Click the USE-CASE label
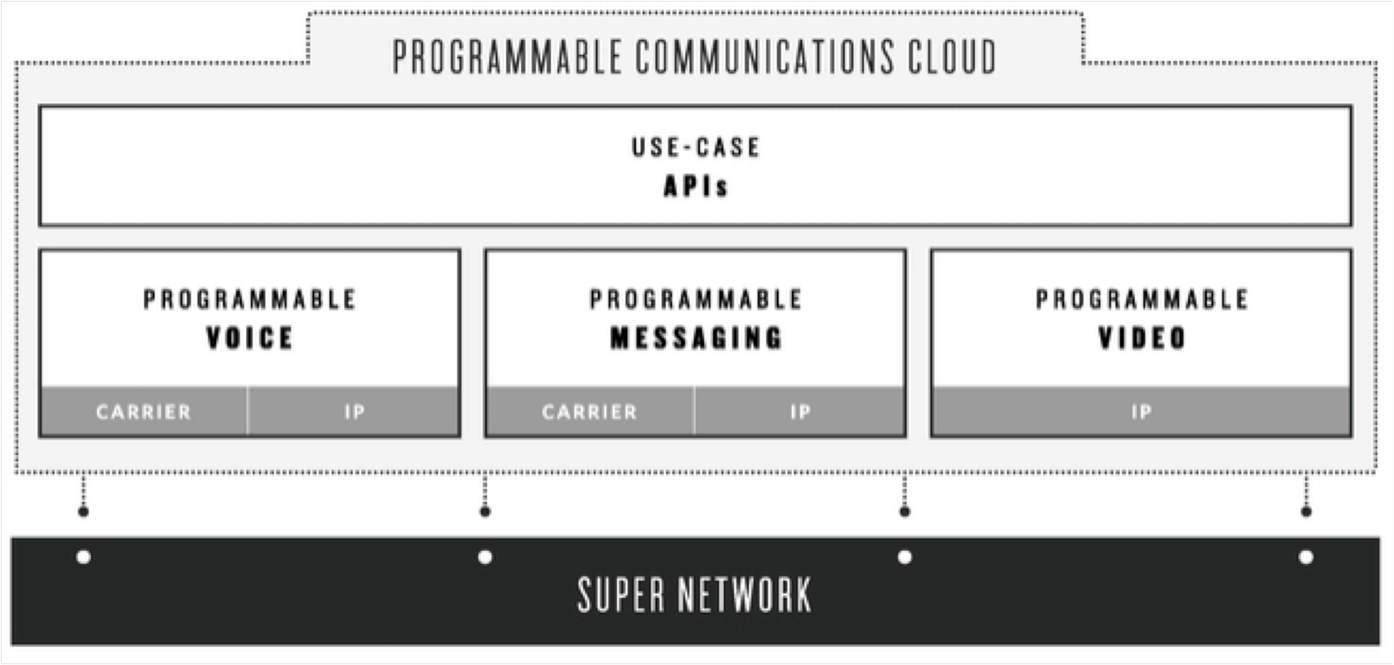pos(696,147)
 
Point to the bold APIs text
pos(696,186)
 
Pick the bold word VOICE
pos(249,338)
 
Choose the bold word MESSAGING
pos(696,338)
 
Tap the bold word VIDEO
pos(1142,338)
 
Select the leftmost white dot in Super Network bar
pos(83,557)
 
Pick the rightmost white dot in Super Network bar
pos(1306,557)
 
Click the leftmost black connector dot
pos(83,511)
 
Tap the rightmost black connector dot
pos(1306,511)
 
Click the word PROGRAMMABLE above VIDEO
pos(1142,299)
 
